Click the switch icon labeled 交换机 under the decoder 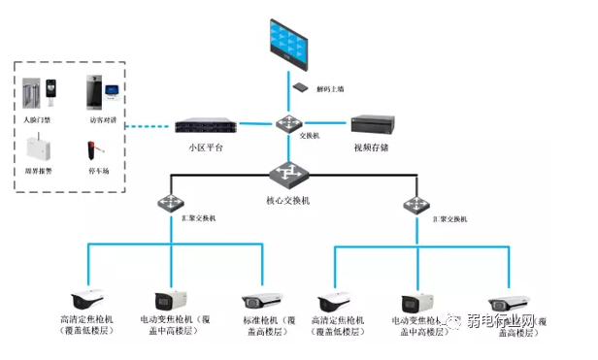tap(288, 123)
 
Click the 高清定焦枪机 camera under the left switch tap(87, 299)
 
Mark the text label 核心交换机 tap(289, 200)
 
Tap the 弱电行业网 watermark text tap(500, 321)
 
